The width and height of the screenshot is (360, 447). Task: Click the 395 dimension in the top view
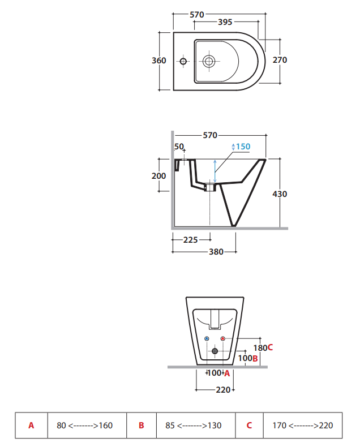point(225,22)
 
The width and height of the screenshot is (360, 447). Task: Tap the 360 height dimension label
point(159,61)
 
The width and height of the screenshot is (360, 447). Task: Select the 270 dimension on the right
point(280,60)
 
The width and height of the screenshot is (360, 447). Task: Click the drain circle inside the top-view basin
point(209,61)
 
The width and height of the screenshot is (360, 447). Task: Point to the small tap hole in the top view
point(183,61)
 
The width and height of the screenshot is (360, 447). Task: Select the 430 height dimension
point(280,194)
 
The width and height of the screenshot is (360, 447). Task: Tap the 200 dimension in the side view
point(158,176)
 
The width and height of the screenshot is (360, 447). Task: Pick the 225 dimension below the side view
point(191,240)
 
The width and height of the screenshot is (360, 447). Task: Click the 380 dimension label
point(216,252)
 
